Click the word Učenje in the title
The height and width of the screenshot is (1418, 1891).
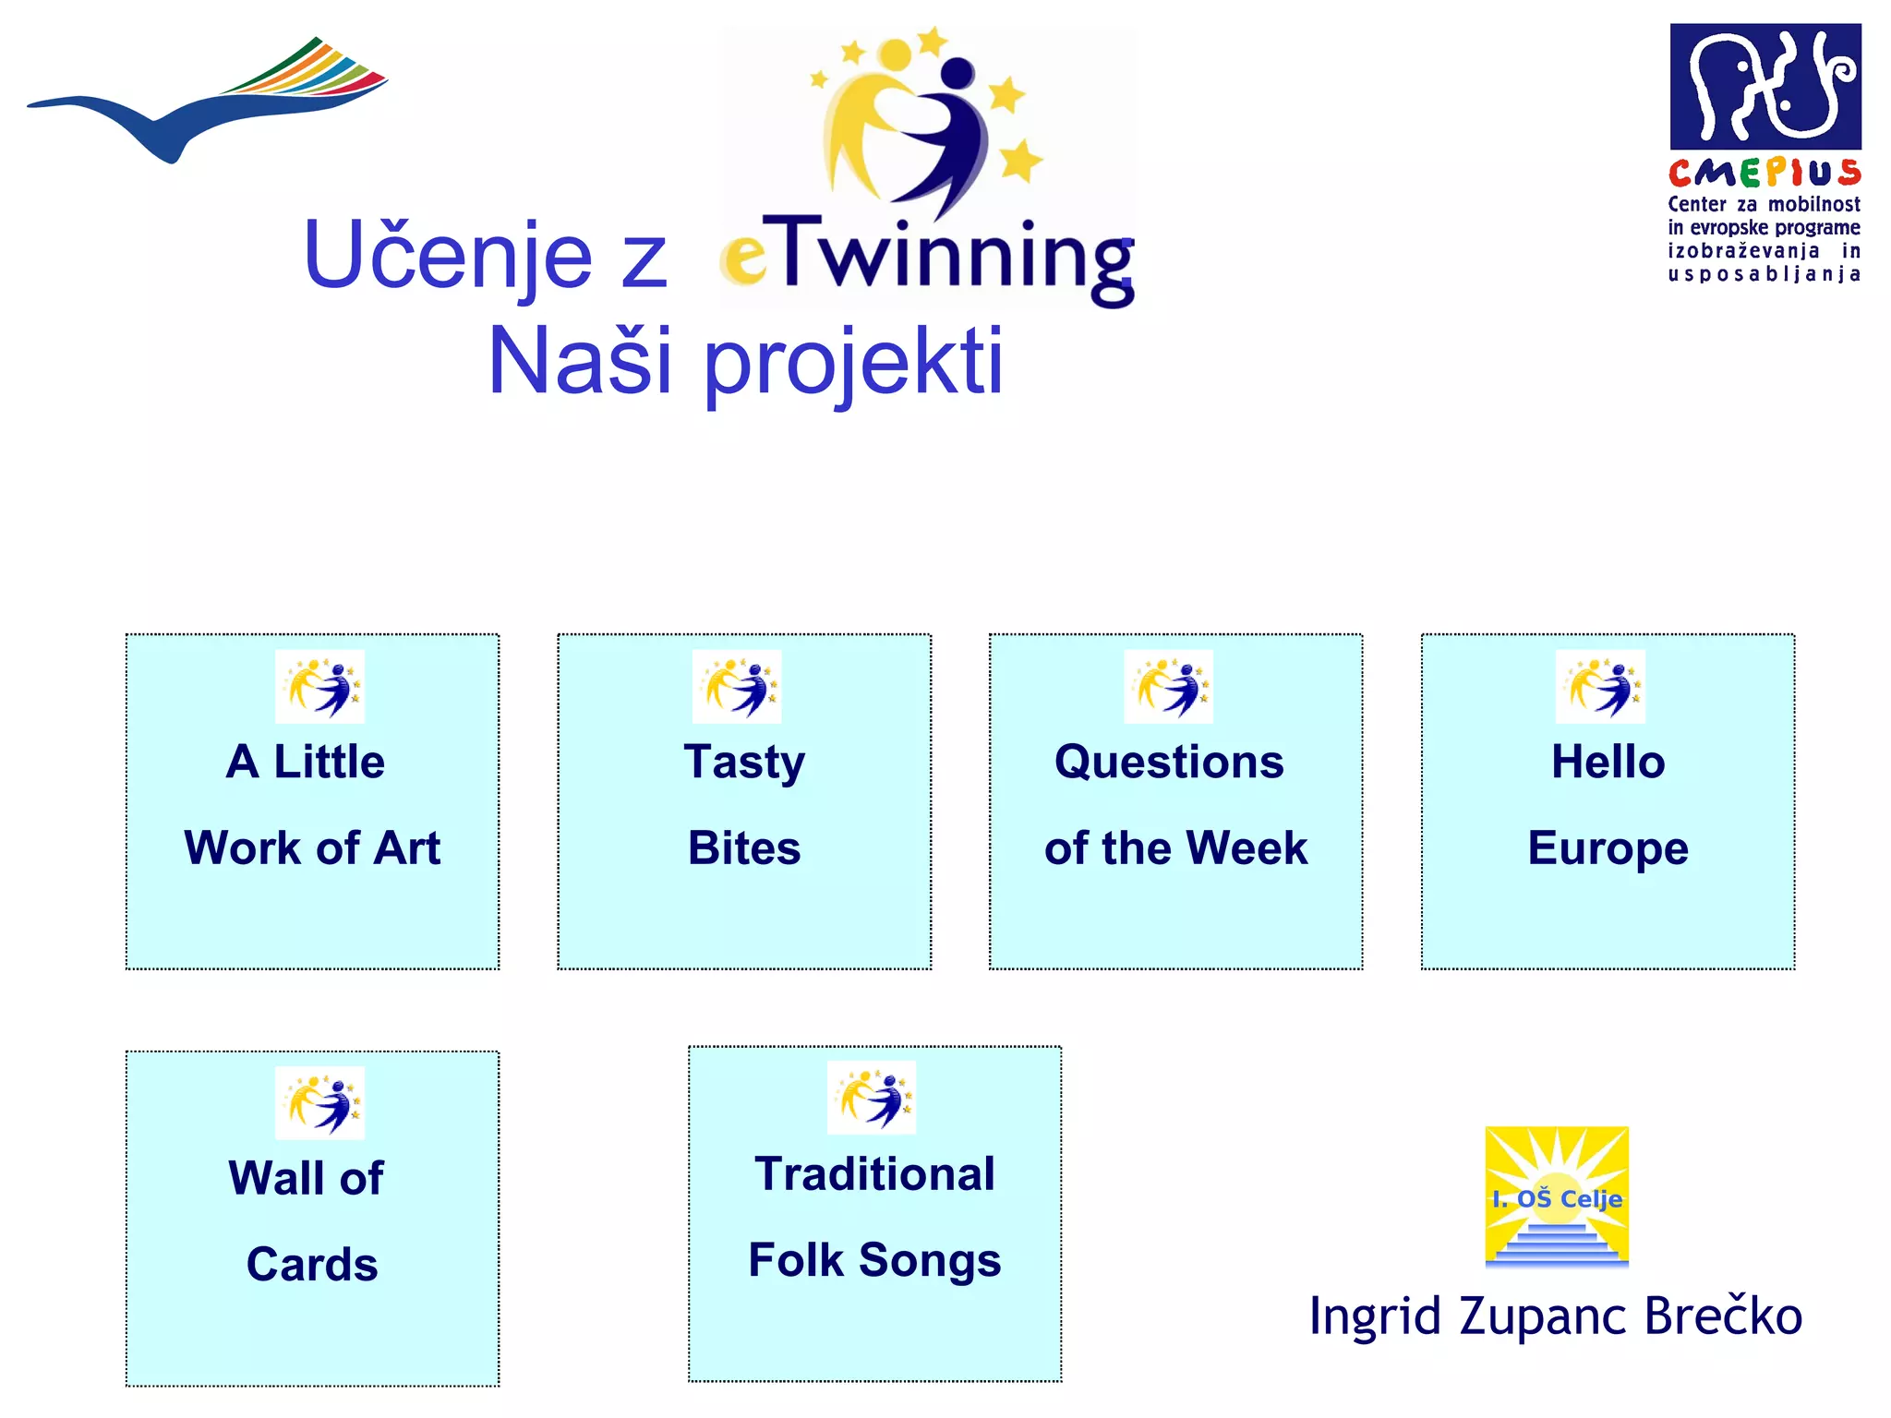447,256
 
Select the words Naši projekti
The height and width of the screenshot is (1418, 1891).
745,361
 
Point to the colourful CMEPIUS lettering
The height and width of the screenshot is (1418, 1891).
1764,173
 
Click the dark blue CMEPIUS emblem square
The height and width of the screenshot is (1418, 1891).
1765,87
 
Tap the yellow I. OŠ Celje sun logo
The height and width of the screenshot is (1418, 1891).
1557,1196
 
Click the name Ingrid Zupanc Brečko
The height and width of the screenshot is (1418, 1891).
1556,1316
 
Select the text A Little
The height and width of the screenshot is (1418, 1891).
306,763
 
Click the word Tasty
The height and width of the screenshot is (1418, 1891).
744,763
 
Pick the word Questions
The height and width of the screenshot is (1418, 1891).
1169,763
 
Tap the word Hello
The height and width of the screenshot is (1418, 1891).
1608,763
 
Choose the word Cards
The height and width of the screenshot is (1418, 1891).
312,1264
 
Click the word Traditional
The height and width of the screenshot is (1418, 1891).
874,1174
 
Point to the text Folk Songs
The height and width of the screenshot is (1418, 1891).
874,1261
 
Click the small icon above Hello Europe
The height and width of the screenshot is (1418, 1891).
1600,687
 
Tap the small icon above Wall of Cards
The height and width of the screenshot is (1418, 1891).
319,1103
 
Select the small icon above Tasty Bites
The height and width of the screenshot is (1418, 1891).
737,687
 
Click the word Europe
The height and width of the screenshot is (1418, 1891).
1608,848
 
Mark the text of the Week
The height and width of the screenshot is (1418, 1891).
1175,848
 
